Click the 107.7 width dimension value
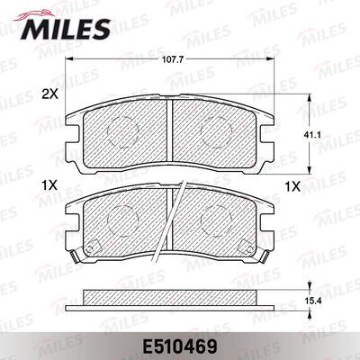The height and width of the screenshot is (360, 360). point(174,61)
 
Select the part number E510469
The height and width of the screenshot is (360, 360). point(179,342)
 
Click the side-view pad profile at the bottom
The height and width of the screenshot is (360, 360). point(171,294)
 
